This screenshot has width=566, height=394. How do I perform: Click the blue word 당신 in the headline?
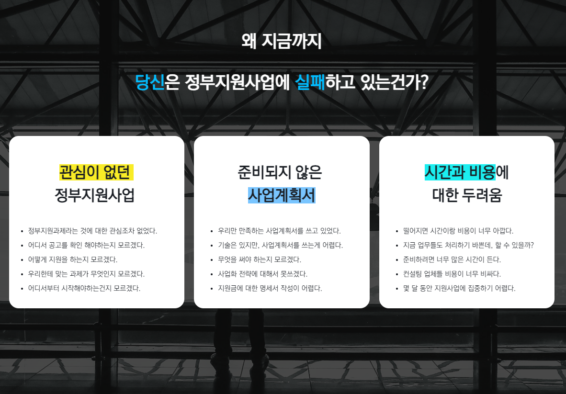click(150, 82)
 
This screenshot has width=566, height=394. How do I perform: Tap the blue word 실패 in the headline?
click(310, 82)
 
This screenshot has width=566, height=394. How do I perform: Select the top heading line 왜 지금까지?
click(282, 42)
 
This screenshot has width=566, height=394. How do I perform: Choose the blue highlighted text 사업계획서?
click(282, 195)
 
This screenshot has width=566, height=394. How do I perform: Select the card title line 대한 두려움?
click(467, 195)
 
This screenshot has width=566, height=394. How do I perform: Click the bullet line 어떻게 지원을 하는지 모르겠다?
click(73, 259)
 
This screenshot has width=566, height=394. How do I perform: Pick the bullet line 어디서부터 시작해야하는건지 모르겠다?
click(84, 288)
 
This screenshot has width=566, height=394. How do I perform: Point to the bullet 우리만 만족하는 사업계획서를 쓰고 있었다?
click(279, 231)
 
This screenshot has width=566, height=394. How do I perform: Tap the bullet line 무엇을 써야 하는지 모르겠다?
click(259, 259)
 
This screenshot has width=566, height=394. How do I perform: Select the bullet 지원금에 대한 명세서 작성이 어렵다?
click(270, 288)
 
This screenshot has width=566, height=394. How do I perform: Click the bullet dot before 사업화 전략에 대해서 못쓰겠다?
click(212, 274)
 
